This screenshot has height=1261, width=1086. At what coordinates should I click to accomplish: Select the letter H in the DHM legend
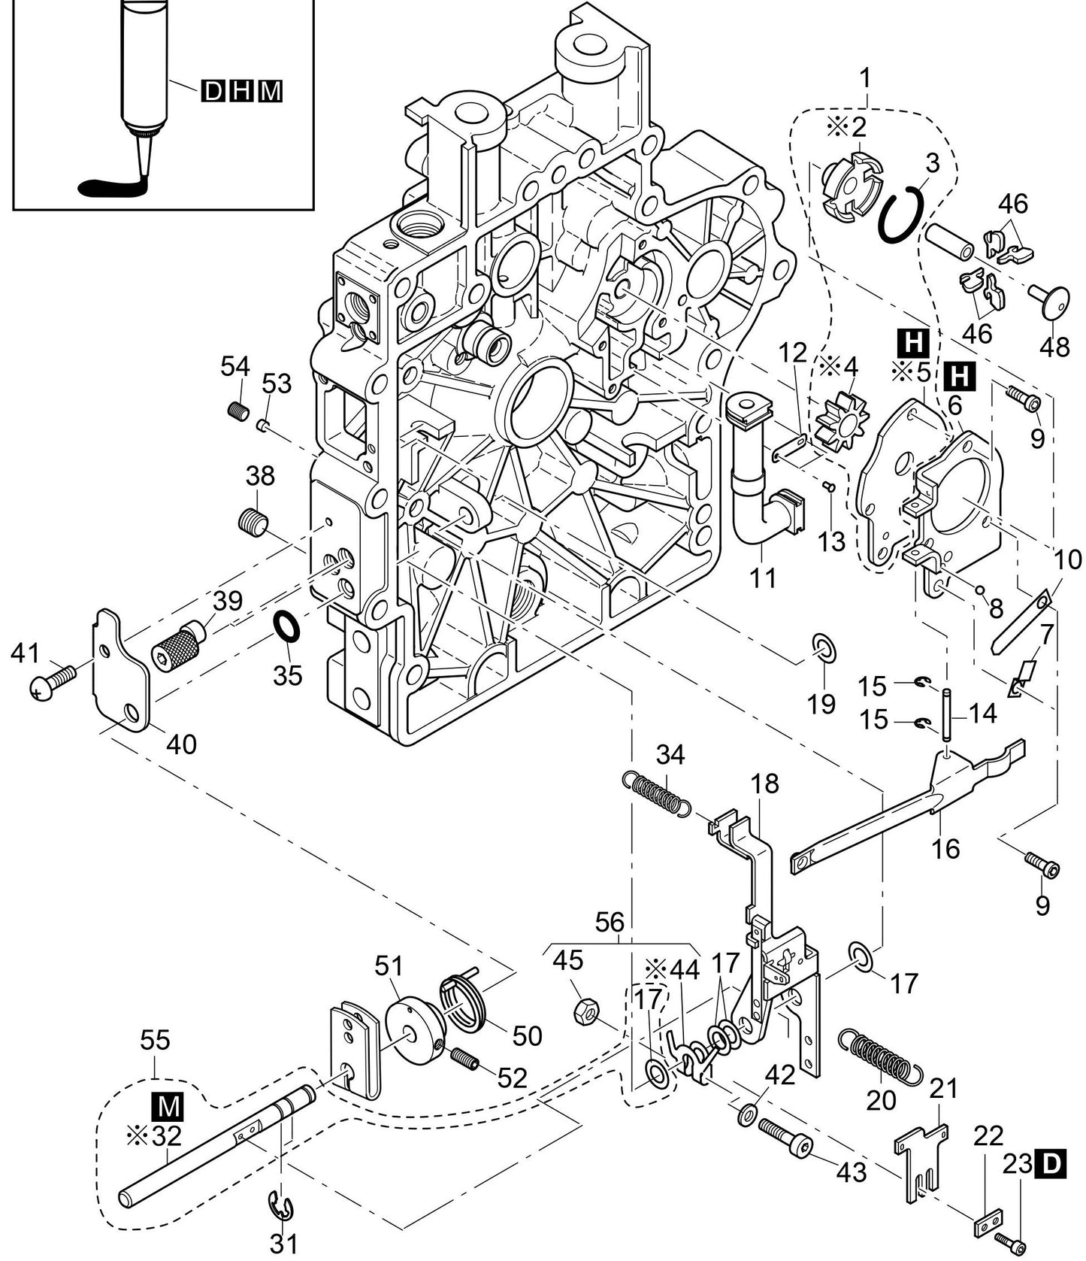pos(242,92)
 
